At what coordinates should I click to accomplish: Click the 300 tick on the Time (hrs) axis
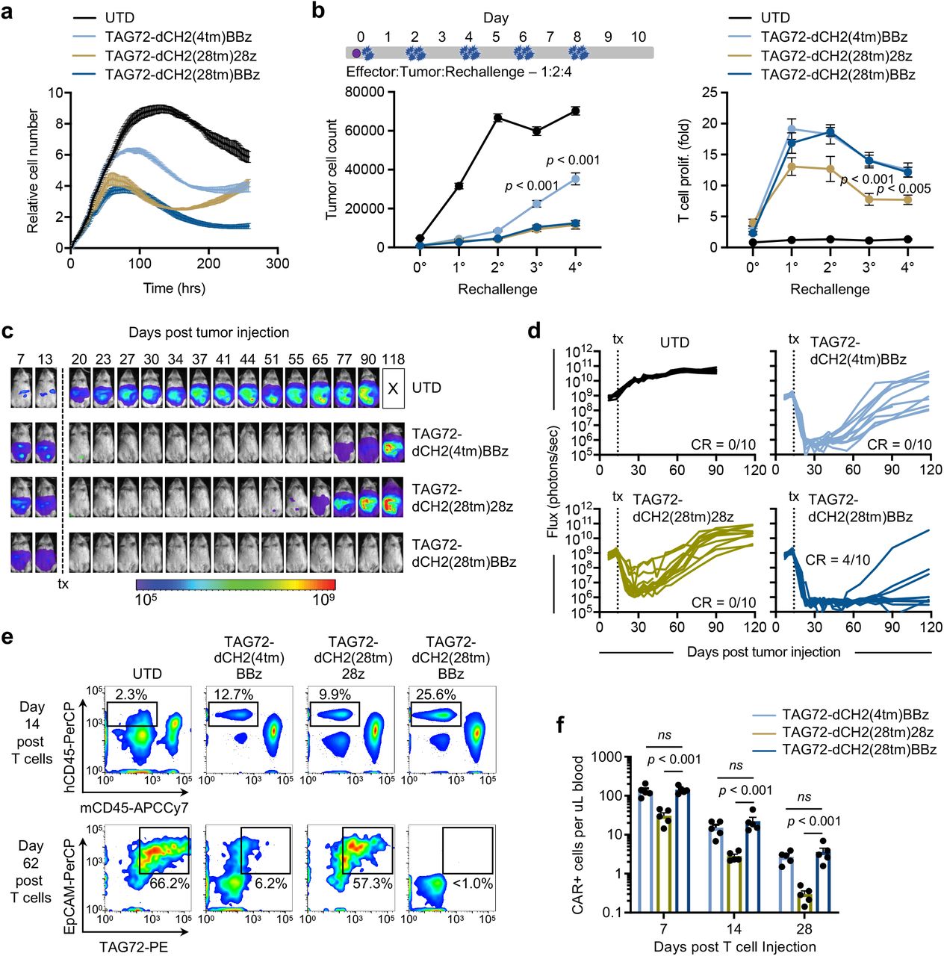point(277,264)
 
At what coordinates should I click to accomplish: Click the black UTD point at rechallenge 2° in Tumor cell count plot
point(497,117)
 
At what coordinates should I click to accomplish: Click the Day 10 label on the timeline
point(638,37)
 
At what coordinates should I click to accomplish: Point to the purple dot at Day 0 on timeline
point(356,53)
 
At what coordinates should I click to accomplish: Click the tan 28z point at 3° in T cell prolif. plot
point(869,199)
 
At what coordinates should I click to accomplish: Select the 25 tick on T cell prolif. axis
point(711,93)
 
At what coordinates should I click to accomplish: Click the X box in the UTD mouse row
point(394,388)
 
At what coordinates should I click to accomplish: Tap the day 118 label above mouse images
point(393,359)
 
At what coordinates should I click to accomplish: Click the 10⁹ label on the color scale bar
point(323,599)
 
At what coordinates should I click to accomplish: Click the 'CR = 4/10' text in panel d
point(837,559)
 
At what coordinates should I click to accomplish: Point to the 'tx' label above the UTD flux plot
point(618,339)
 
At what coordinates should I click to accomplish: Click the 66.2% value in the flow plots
point(170,883)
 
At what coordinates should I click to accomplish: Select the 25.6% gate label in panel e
point(435,695)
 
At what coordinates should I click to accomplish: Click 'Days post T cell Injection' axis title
point(734,946)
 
